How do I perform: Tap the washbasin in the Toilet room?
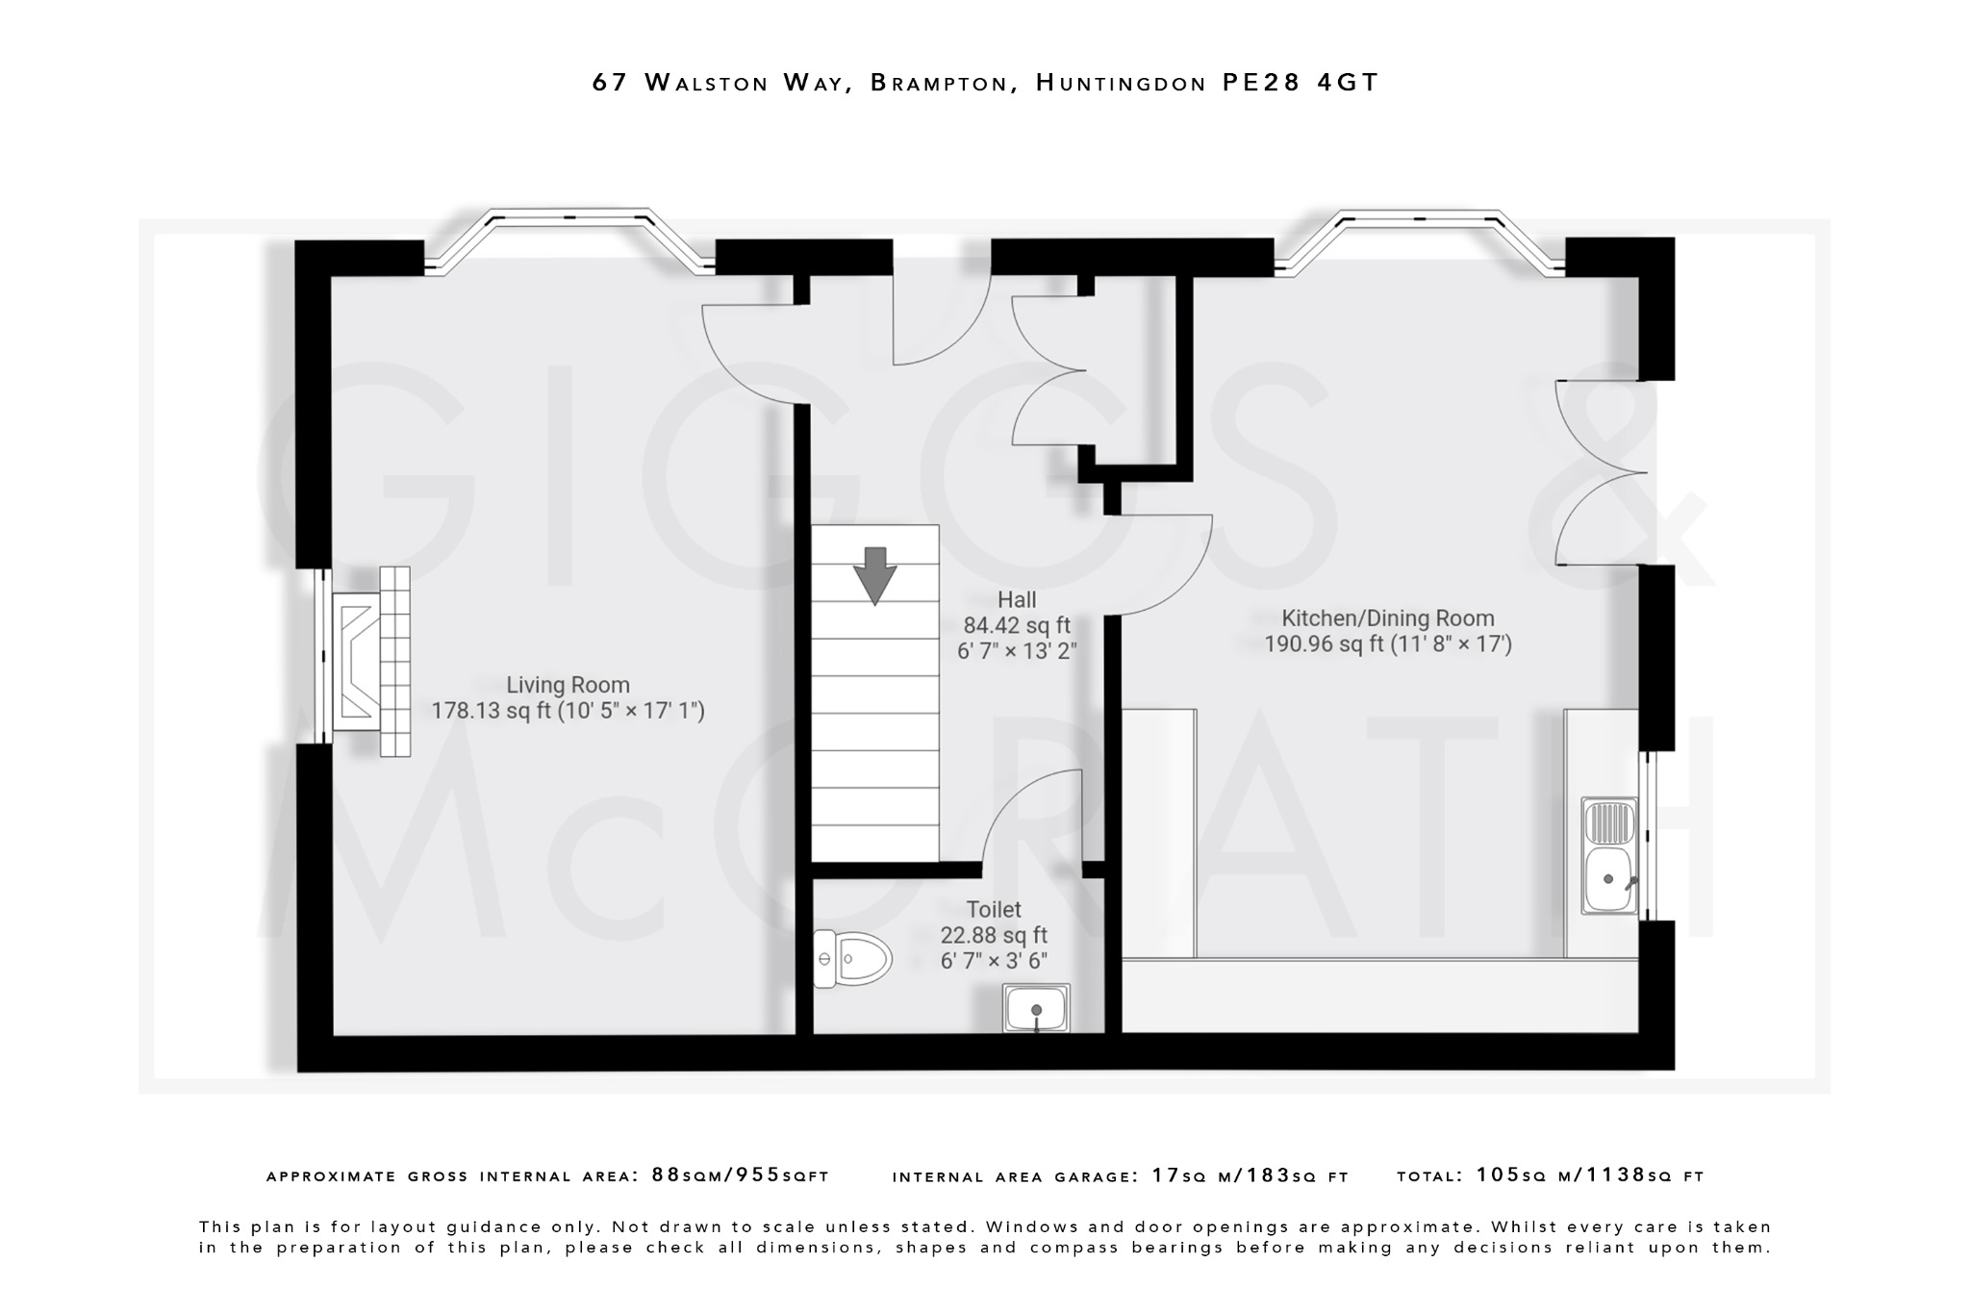1036,1008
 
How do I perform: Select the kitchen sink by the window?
1609,855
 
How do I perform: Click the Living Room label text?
568,685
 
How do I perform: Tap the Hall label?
1016,600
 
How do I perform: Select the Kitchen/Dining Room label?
1387,619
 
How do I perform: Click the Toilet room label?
994,909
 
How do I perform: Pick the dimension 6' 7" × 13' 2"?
1016,651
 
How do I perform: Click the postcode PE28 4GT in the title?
1300,83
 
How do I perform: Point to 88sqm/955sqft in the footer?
740,1175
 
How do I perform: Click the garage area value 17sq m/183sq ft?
1250,1175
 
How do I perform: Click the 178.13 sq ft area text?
490,711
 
